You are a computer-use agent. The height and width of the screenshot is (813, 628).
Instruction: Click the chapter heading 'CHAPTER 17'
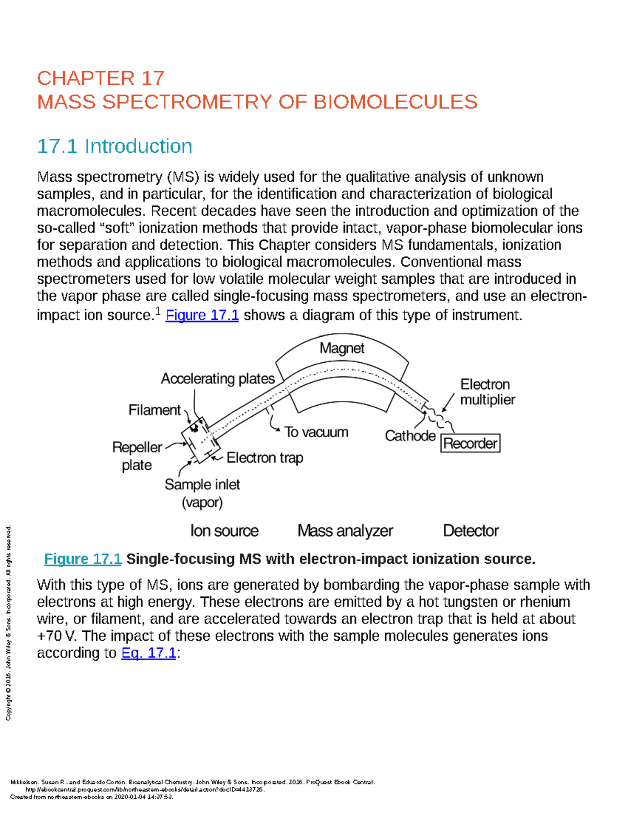[100, 79]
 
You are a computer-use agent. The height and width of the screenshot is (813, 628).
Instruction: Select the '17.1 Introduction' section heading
[115, 146]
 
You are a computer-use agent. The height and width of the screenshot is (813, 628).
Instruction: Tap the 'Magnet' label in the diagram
[342, 348]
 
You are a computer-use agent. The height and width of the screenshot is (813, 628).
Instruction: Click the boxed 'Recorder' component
[470, 443]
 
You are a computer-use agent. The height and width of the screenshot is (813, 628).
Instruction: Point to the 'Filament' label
[154, 410]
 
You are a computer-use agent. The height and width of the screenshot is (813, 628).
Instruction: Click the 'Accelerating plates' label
[218, 378]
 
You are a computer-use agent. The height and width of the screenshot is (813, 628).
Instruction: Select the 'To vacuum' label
[316, 432]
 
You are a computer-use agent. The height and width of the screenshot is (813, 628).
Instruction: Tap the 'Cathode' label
[410, 436]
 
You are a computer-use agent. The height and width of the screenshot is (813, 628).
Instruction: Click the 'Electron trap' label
[264, 458]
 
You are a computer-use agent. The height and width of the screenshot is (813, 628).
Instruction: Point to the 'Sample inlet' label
[202, 485]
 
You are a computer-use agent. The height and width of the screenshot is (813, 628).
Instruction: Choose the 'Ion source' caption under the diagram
[224, 531]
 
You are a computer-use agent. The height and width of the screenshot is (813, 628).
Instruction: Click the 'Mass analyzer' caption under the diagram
[345, 531]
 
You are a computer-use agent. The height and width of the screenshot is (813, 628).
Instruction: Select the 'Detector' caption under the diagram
[470, 531]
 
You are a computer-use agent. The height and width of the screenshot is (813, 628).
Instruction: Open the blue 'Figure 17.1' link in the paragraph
[202, 315]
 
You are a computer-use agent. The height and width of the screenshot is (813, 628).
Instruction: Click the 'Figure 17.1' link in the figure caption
[83, 559]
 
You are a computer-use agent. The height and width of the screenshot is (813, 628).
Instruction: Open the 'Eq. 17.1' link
[149, 653]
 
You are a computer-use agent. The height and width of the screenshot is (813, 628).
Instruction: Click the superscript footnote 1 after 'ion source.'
[158, 311]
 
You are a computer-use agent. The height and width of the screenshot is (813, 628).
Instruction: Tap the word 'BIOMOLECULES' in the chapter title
[395, 102]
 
